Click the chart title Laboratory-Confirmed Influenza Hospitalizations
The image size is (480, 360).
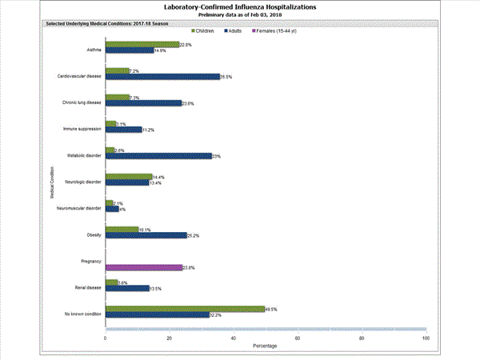239,7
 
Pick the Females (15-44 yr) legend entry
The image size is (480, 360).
276,30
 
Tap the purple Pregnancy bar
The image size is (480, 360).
143,267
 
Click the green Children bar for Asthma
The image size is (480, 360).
142,45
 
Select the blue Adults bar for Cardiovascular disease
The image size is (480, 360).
162,77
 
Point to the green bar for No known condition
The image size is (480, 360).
185,308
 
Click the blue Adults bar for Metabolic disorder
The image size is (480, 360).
158,156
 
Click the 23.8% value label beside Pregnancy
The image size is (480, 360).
189,267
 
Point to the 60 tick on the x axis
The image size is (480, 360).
298,338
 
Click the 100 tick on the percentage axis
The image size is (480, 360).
425,338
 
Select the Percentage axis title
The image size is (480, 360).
266,346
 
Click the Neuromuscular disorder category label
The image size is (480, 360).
79,208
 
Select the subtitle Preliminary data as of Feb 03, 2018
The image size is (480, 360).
239,15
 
